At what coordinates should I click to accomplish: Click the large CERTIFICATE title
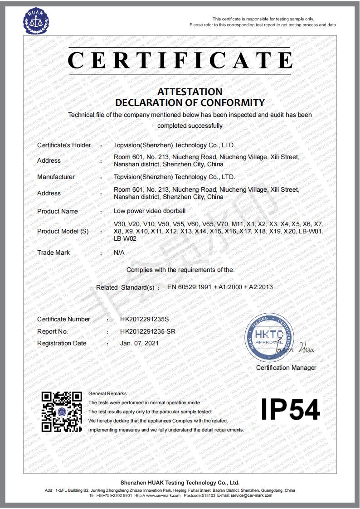coord(180,60)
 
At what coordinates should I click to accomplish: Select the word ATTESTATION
coord(190,92)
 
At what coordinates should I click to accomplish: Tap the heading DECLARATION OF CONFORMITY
coord(190,102)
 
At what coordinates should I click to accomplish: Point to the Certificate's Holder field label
coord(64,145)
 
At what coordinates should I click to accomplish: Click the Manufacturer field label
coord(56,177)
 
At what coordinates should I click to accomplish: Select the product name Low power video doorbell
coord(150,211)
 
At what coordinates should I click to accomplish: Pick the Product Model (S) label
coord(63,231)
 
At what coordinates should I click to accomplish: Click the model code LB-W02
coord(123,238)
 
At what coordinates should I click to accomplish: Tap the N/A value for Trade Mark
coord(119,252)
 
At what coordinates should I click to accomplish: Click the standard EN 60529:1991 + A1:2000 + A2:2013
coord(220,287)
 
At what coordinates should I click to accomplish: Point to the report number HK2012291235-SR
coord(147,331)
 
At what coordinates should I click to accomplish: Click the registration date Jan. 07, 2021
coord(139,343)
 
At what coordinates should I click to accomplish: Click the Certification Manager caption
coord(286,368)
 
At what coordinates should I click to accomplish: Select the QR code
coord(62,411)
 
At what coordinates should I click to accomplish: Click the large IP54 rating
coord(291,409)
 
